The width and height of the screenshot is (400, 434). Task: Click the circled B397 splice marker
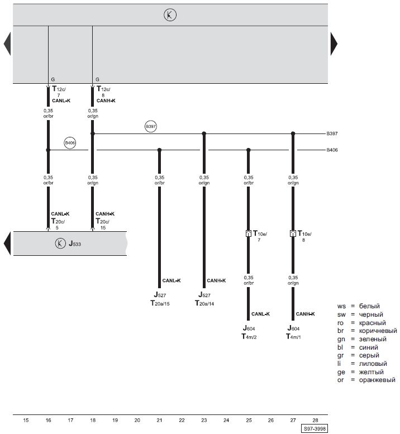151,126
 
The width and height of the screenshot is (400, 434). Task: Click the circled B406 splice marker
70,143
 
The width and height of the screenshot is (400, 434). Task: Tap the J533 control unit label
75,244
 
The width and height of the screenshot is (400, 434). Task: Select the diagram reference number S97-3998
315,429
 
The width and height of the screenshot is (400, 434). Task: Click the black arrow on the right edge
334,44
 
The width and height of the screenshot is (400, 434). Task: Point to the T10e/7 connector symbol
248,233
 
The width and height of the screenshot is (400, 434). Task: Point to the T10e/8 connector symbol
293,233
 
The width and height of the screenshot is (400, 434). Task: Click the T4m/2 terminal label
249,337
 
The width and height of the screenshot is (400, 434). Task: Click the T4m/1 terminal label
293,337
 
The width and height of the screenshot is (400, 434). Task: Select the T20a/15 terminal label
160,303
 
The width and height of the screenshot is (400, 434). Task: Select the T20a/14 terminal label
204,303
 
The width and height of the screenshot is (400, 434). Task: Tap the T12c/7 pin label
59,92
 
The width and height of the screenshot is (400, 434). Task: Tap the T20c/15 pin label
103,224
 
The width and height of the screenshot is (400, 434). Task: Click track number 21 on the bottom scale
159,420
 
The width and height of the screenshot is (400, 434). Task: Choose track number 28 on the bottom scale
315,420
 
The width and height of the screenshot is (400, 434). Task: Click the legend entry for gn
362,339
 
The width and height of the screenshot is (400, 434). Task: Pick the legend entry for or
366,380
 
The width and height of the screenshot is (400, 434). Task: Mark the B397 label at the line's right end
332,133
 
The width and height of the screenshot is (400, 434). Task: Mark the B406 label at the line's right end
332,150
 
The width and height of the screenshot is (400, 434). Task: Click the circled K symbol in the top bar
170,15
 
